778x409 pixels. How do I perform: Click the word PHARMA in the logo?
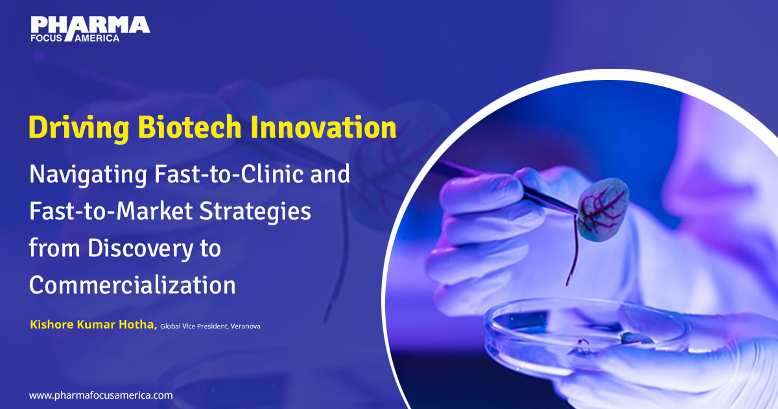click(90, 25)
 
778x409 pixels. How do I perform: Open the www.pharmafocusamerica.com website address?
click(100, 395)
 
